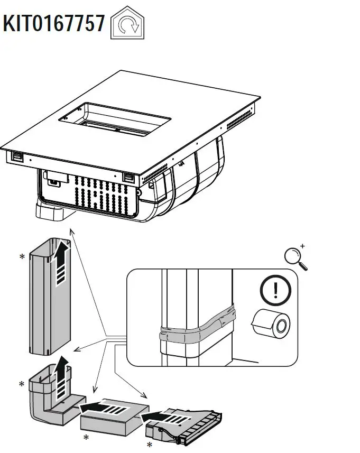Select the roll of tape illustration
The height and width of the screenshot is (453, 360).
(271, 323)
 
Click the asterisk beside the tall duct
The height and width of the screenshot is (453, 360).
(22, 257)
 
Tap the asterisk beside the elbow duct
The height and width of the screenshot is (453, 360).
(22, 384)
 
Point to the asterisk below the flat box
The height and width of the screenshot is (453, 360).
(86, 438)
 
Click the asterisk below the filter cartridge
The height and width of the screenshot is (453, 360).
(149, 445)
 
